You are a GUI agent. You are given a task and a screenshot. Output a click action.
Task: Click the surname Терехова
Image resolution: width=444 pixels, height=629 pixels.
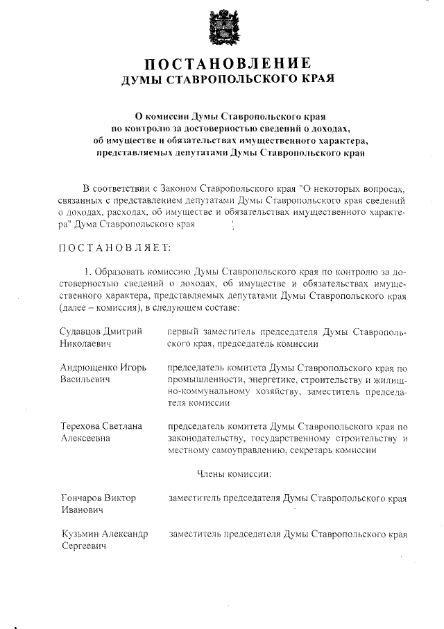(82, 425)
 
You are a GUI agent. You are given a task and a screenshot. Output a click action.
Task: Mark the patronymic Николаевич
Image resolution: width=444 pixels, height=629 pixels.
(86, 343)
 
